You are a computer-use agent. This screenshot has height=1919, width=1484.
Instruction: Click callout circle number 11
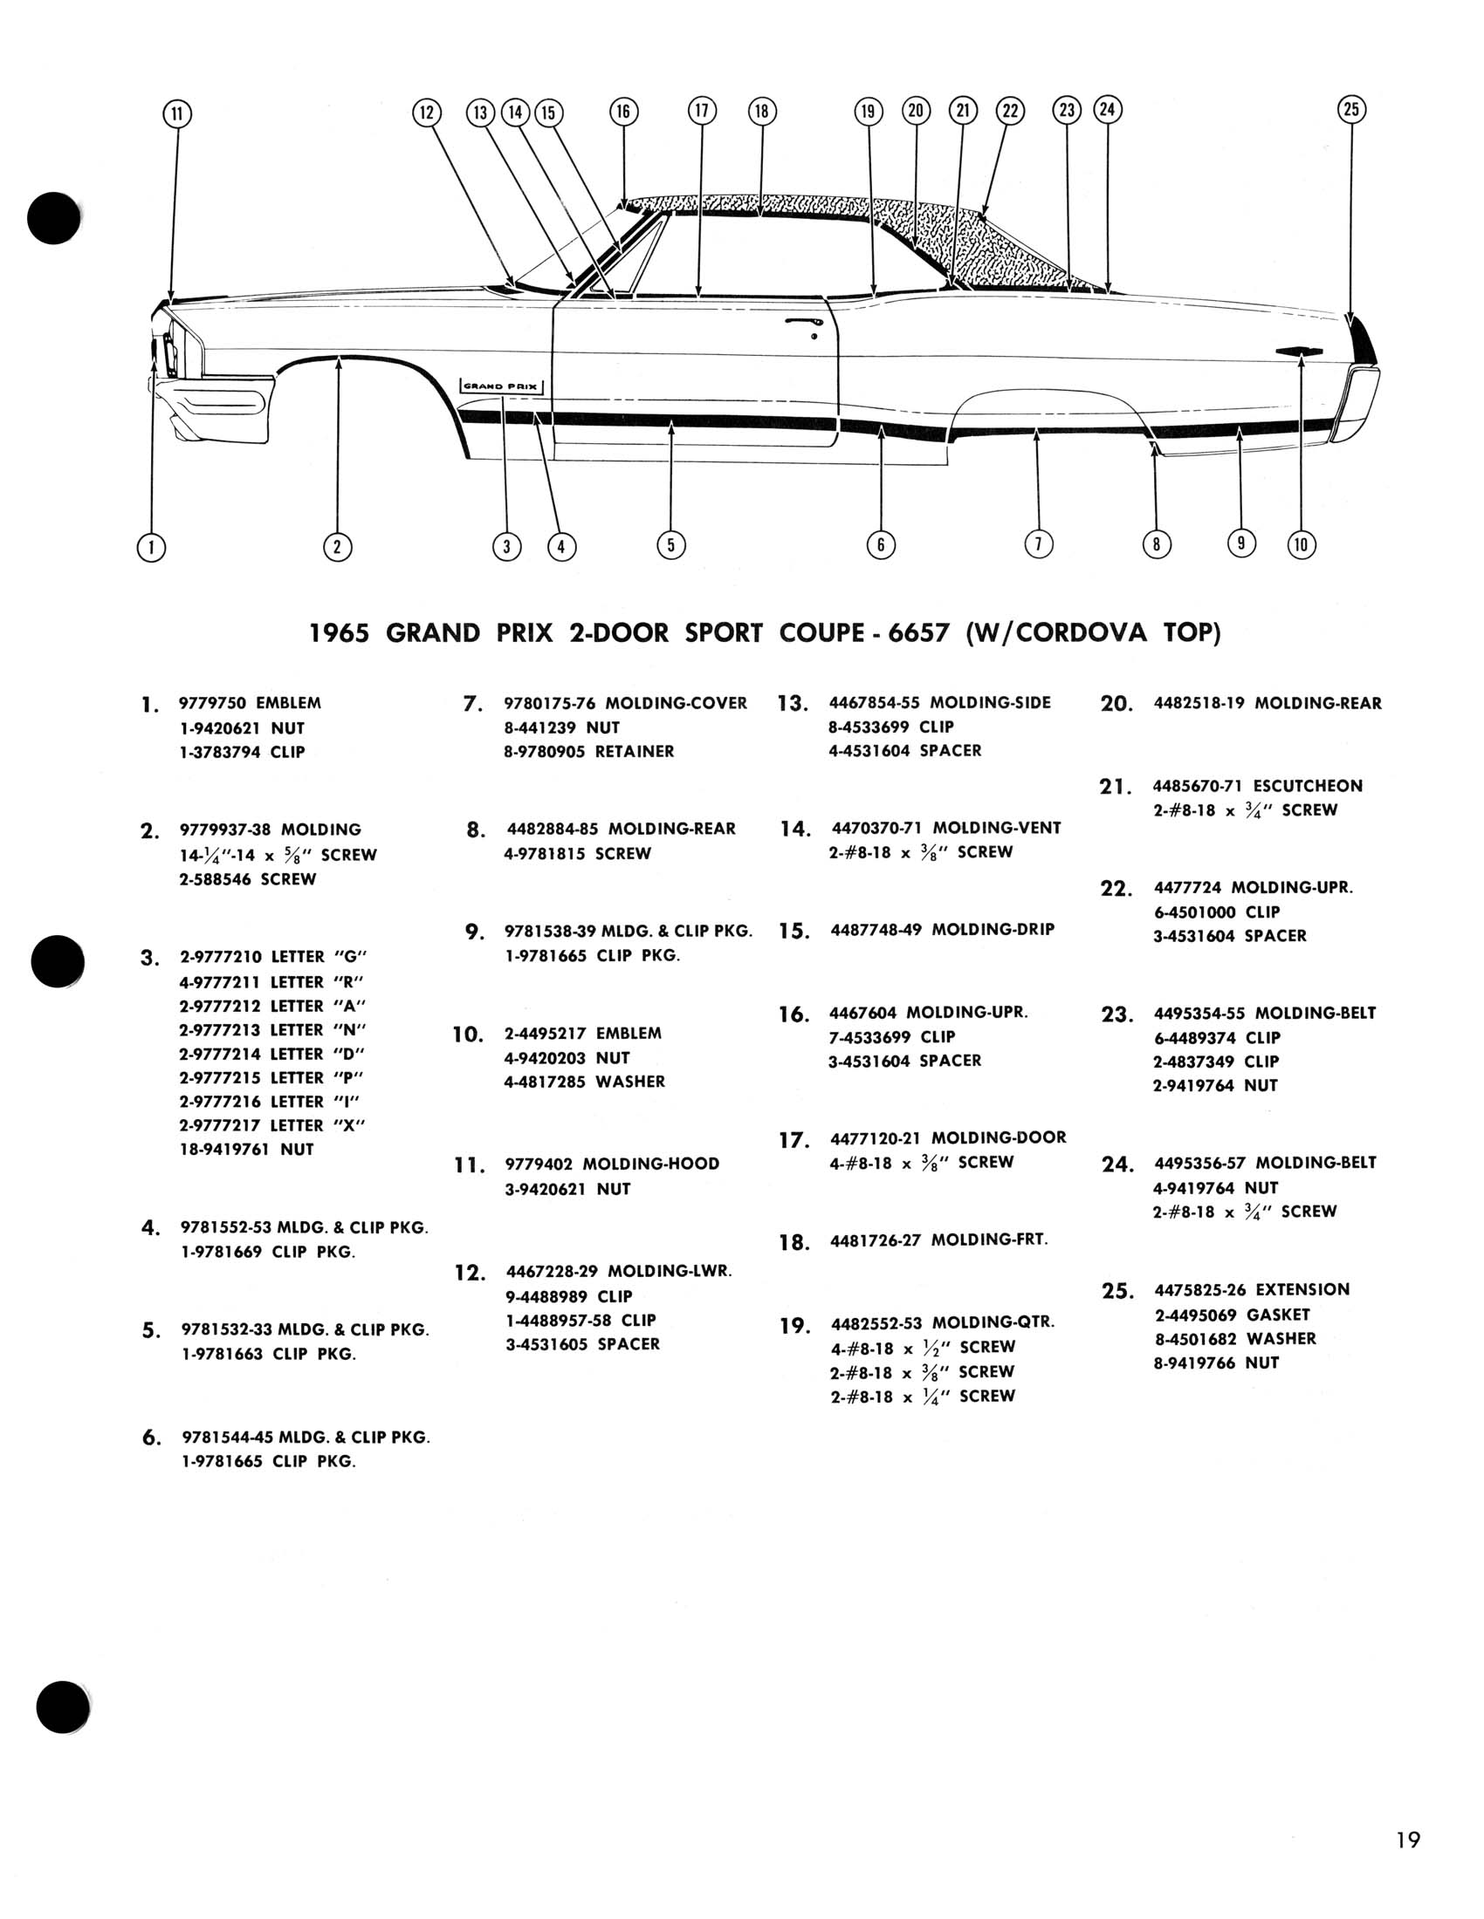(177, 114)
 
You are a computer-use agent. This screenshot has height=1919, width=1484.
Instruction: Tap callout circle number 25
(1351, 110)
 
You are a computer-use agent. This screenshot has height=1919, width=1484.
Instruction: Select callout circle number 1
(151, 548)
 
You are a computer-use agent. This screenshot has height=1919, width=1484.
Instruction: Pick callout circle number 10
(1302, 546)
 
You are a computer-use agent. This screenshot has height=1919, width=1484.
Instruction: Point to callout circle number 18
(761, 112)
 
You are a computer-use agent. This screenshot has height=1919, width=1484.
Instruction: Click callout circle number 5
(670, 546)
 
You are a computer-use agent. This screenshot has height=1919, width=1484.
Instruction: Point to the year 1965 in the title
(339, 633)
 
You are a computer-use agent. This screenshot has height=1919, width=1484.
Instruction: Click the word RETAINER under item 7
(634, 751)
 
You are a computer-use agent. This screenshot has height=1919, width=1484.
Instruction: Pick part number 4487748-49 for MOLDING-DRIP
(876, 930)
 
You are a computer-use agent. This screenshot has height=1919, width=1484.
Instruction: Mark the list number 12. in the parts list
(471, 1274)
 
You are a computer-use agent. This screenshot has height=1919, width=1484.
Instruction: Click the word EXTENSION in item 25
(1302, 1290)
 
